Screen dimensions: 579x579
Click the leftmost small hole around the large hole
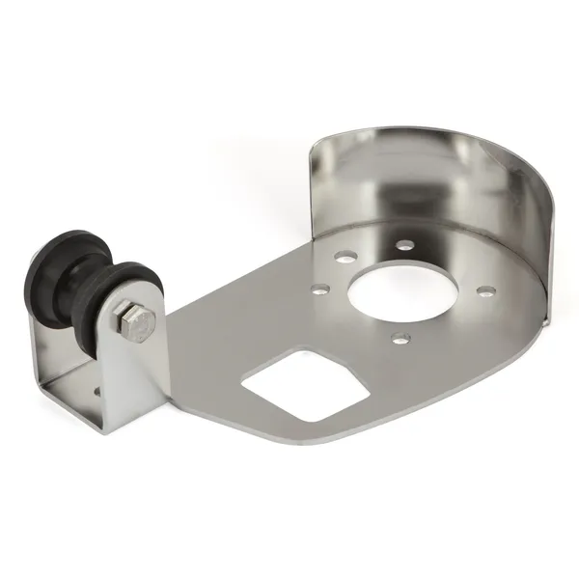click(318, 288)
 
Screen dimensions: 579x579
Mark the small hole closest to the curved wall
click(406, 246)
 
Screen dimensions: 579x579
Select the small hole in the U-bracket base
click(96, 392)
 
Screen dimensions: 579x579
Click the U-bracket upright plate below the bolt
click(130, 386)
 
